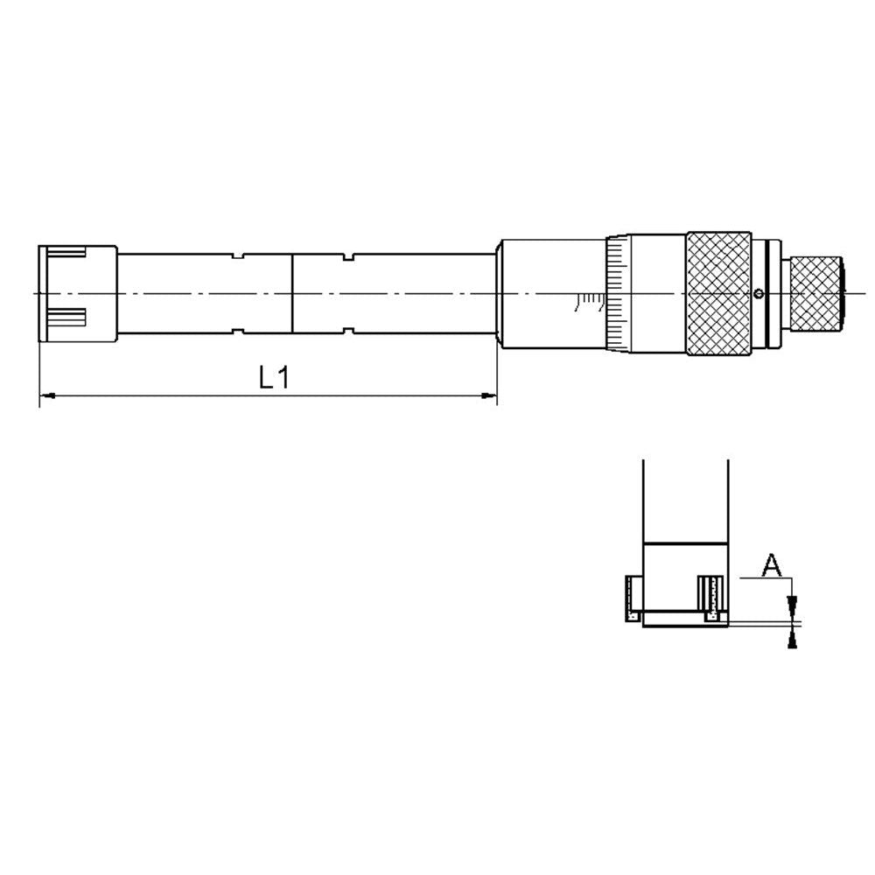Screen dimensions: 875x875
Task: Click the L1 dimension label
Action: (x=274, y=377)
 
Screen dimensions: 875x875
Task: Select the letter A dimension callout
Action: (x=771, y=565)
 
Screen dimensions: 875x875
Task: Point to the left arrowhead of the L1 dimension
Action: (x=48, y=397)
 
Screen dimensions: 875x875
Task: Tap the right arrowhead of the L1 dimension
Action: (x=489, y=397)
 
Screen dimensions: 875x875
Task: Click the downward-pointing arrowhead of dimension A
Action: (x=793, y=605)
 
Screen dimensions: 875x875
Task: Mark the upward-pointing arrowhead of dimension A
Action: (x=793, y=639)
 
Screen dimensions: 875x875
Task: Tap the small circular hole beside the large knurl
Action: (x=759, y=292)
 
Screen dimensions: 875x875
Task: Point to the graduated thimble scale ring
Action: (x=615, y=293)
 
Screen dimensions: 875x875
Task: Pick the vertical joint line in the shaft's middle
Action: (x=292, y=293)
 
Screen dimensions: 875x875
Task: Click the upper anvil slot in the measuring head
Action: (x=66, y=254)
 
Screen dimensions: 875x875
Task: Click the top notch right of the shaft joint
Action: (x=350, y=256)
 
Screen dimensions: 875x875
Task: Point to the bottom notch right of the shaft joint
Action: (x=350, y=330)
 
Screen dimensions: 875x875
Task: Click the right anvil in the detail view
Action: (x=713, y=599)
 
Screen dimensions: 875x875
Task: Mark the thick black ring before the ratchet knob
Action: (x=768, y=292)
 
